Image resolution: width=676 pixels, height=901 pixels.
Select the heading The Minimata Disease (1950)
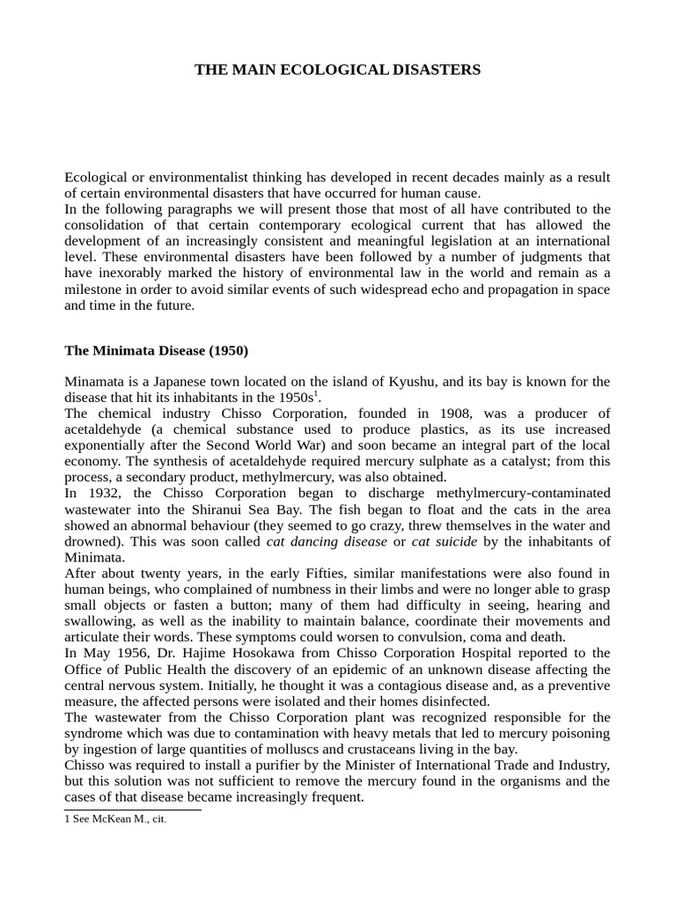coord(156,350)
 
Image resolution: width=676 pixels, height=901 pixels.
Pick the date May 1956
coord(102,652)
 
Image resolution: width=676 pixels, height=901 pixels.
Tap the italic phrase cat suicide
coord(445,541)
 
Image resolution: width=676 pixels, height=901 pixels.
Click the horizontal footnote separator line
coord(132,809)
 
